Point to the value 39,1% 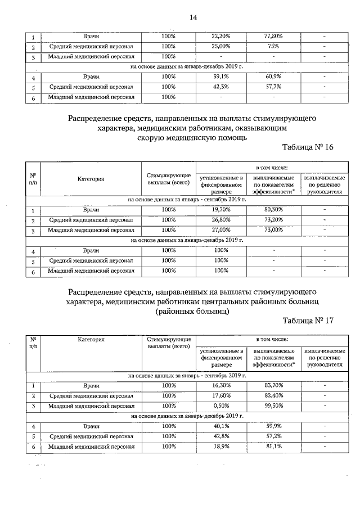coord(220,77)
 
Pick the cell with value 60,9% coord(273,77)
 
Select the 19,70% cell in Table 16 coord(220,210)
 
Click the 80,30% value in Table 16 coord(273,210)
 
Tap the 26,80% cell coord(220,220)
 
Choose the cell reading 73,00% coord(273,230)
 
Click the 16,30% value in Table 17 coord(220,385)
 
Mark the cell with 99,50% coord(273,406)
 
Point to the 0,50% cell coord(220,406)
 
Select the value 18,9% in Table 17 coord(220,447)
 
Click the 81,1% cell coord(273,447)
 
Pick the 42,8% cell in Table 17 coord(220,436)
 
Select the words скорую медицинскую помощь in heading coord(192,137)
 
